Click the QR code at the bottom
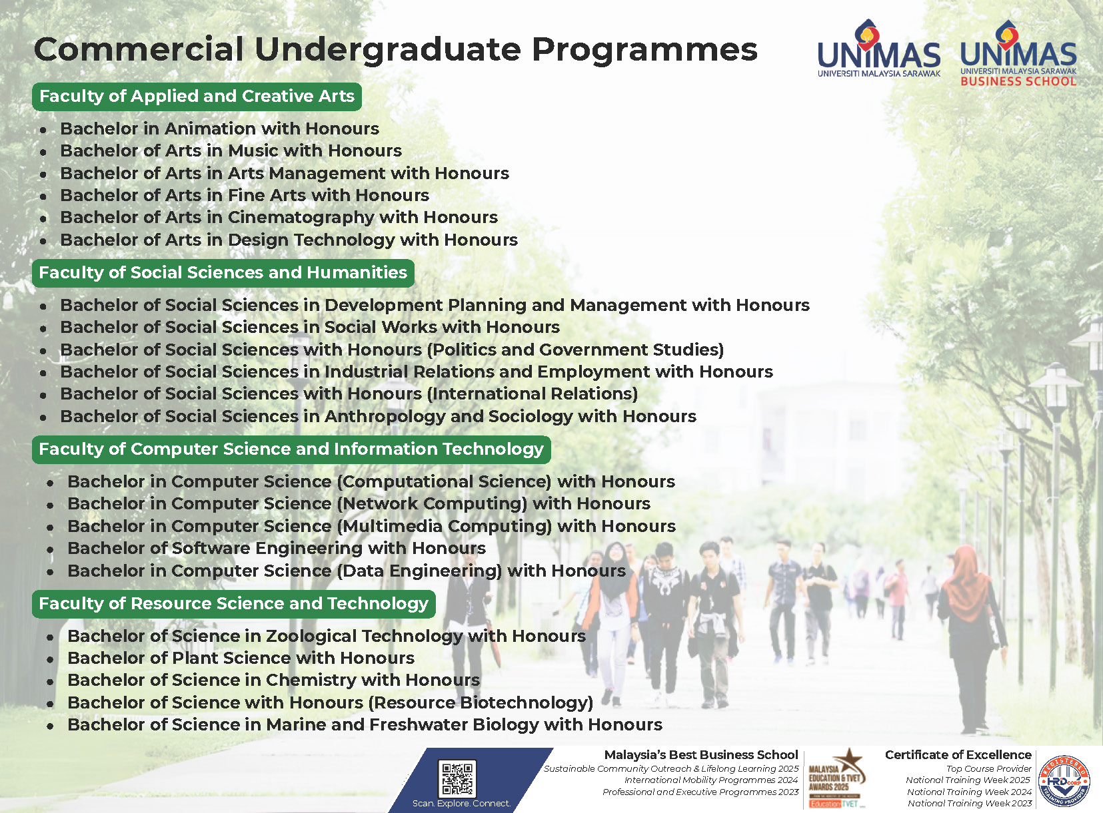457,778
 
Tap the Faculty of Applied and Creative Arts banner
197,97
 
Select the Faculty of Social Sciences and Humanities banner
223,273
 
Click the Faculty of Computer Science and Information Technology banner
291,449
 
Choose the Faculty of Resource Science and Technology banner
234,604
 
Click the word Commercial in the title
139,50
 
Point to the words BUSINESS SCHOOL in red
1018,81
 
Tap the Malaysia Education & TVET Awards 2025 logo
836,779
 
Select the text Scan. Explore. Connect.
461,804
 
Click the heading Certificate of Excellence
958,755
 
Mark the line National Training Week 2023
970,804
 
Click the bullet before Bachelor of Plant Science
50,660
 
